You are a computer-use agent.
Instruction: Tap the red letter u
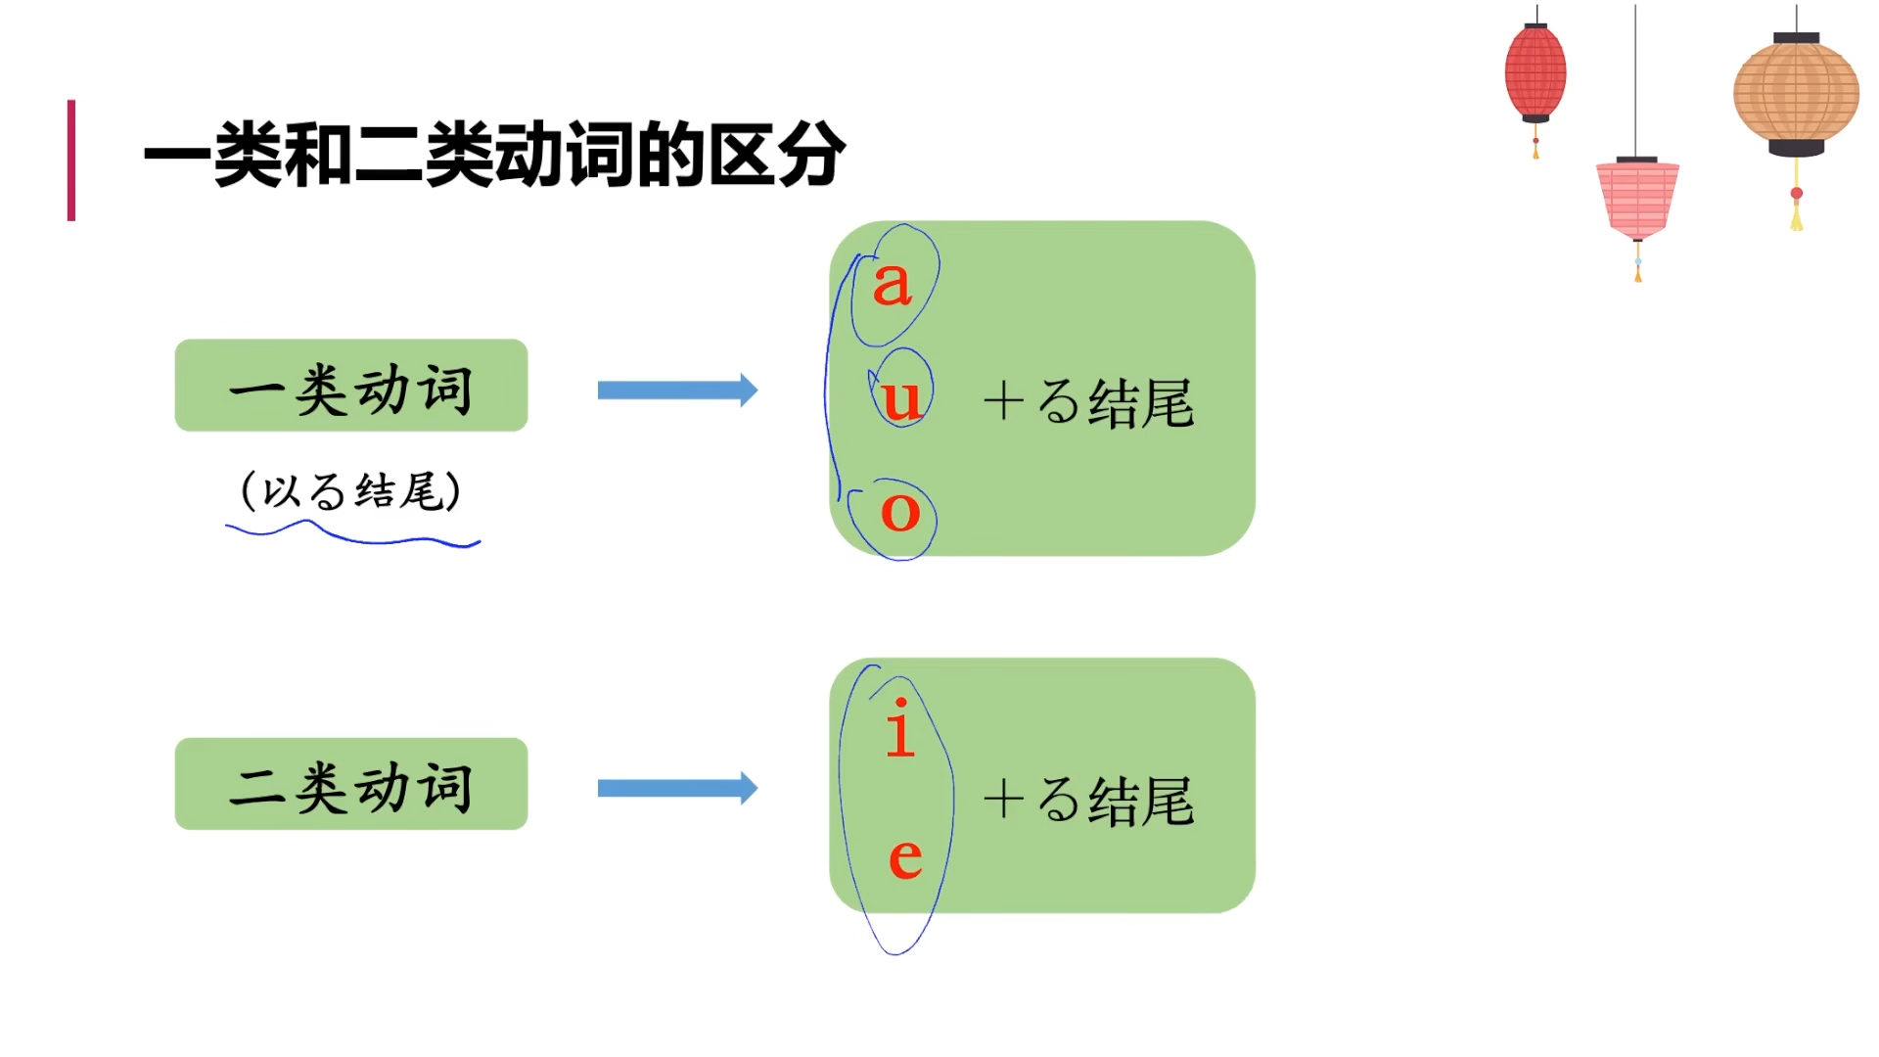coord(901,398)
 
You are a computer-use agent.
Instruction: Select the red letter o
coord(900,511)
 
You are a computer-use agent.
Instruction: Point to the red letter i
coord(900,729)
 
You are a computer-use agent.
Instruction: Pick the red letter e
coord(905,858)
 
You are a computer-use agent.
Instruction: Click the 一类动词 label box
coord(350,386)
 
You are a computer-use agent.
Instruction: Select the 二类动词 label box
coord(350,784)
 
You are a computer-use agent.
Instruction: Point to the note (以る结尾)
coord(350,490)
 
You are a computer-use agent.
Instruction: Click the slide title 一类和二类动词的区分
coord(494,155)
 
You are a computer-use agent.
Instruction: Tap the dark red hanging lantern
coord(1535,73)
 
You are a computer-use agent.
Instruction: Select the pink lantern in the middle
coord(1637,199)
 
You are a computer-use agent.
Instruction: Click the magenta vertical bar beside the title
coord(71,160)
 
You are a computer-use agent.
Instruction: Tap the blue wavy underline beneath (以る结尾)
coord(352,534)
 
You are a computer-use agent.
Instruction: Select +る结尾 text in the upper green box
coord(1088,402)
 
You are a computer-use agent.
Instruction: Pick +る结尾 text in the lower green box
coord(1088,801)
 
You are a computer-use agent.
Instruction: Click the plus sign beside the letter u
coord(1003,401)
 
